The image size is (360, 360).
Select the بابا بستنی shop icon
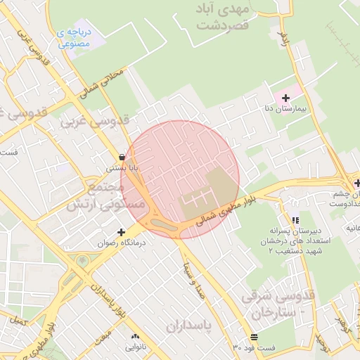coord(124,157)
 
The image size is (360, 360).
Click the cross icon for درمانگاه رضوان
coord(122,231)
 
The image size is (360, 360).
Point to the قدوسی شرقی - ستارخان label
coord(278,302)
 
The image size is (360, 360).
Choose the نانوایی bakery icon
coord(135,336)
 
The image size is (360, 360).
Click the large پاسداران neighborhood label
coord(189,326)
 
